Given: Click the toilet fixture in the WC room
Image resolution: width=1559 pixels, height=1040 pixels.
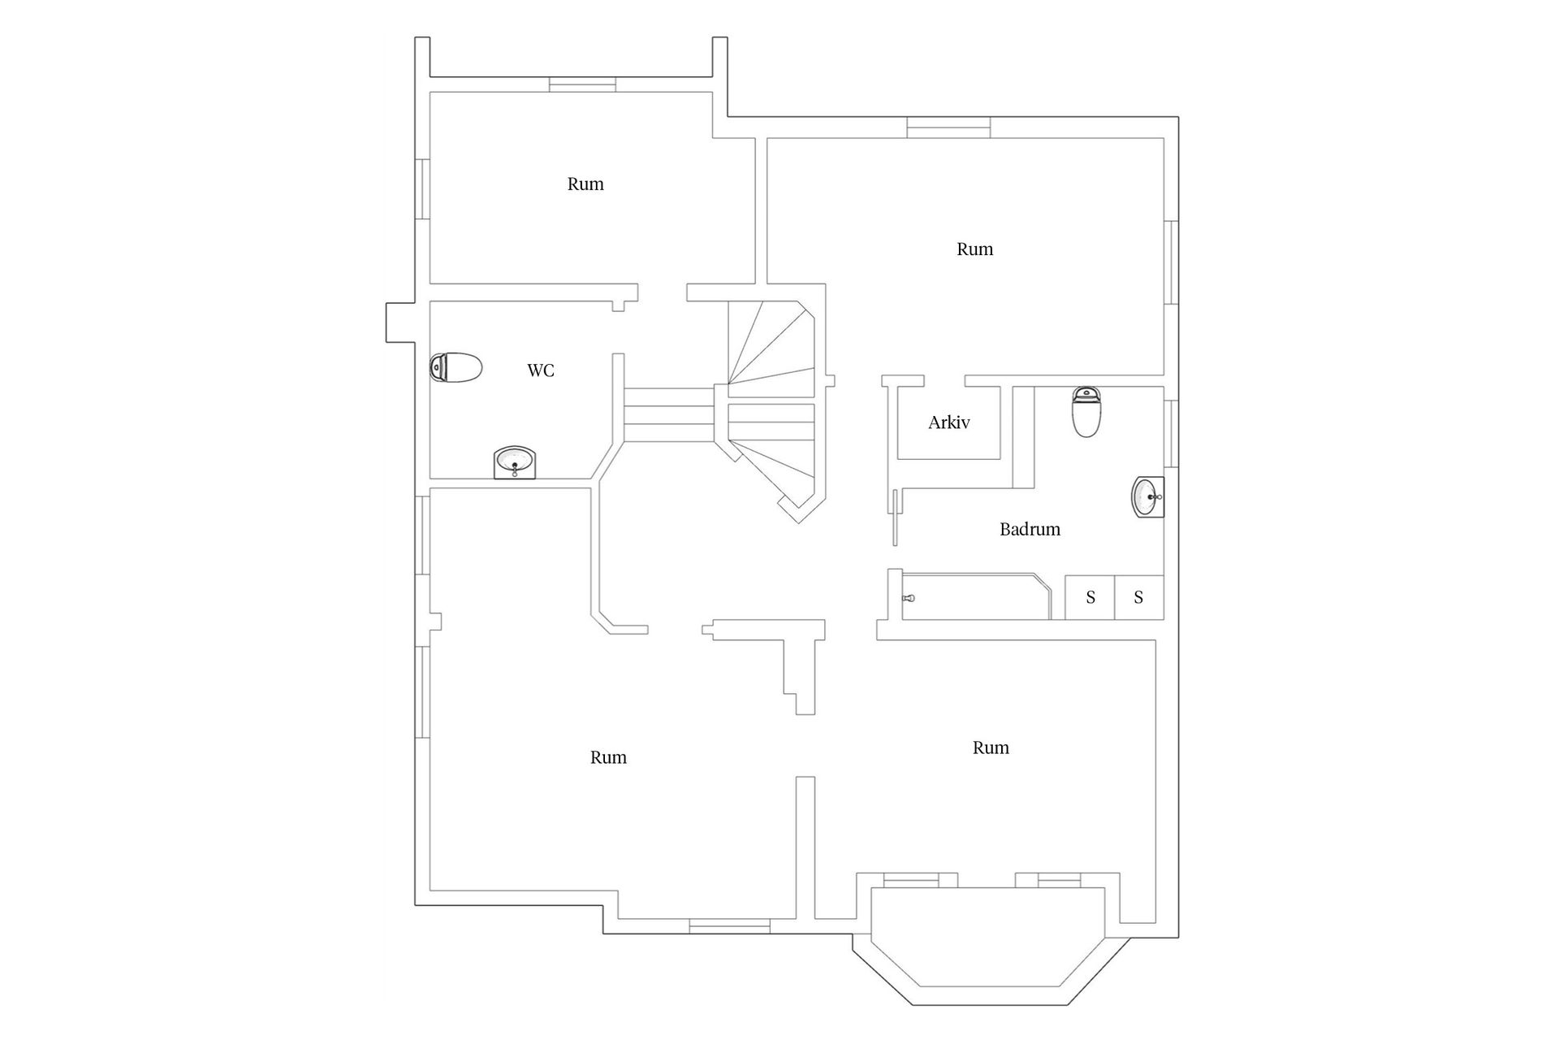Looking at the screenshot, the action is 456,367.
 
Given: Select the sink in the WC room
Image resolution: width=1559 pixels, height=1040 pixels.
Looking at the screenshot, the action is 515,463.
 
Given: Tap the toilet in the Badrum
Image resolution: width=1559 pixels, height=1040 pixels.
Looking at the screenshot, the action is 1086,412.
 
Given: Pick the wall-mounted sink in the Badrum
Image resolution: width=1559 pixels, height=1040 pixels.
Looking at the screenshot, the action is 1148,496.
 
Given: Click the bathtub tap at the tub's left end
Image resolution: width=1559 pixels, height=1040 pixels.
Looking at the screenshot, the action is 909,598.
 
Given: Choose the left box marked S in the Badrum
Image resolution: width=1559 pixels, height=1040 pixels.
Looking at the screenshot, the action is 1090,597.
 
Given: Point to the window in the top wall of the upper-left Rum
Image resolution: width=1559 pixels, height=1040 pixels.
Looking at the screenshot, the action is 582,84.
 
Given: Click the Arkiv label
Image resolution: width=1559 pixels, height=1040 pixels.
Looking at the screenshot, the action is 948,422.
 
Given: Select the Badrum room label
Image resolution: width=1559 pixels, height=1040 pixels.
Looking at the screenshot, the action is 1030,529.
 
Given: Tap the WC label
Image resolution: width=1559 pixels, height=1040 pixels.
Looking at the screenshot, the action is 541,370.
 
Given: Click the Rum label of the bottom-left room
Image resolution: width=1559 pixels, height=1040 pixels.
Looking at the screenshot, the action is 608,757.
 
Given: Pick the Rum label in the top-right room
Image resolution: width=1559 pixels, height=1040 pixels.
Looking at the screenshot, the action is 974,249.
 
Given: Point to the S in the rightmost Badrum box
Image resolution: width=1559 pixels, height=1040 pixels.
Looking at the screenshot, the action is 1138,598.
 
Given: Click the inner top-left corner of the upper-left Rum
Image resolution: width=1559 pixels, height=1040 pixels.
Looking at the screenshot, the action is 430,92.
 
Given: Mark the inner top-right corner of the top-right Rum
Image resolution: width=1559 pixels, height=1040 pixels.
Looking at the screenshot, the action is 1164,138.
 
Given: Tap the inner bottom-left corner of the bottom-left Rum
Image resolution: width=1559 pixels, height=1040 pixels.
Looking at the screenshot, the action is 430,890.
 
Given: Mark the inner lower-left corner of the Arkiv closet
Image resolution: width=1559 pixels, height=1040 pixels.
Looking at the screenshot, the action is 898,459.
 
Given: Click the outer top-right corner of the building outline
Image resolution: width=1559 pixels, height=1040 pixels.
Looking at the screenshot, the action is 1179,117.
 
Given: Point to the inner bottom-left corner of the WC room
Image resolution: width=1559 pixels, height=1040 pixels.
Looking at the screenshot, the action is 430,479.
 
